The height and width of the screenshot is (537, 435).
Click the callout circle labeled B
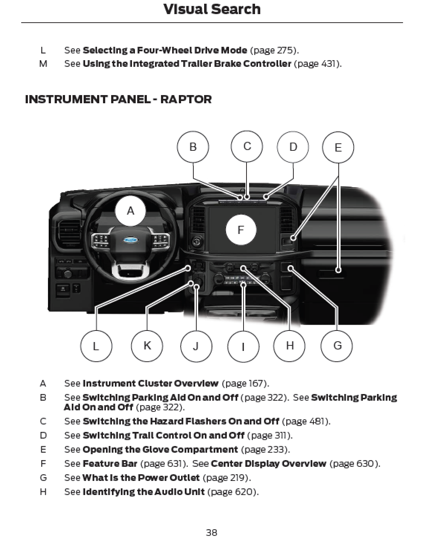pyautogui.click(x=193, y=147)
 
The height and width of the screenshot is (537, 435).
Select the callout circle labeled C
pyautogui.click(x=247, y=146)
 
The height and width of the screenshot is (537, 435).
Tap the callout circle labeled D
pyautogui.click(x=293, y=147)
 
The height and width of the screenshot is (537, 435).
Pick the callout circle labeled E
pyautogui.click(x=338, y=147)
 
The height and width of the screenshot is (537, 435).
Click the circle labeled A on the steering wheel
pyautogui.click(x=130, y=211)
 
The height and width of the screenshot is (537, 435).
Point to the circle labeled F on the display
pyautogui.click(x=241, y=230)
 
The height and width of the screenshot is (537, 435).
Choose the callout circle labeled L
pyautogui.click(x=96, y=346)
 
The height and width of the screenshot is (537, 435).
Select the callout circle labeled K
pyautogui.click(x=147, y=346)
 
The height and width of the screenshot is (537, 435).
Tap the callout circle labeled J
pyautogui.click(x=196, y=346)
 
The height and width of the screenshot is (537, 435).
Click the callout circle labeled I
pyautogui.click(x=243, y=346)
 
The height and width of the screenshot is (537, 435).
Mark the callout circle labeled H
pyautogui.click(x=290, y=346)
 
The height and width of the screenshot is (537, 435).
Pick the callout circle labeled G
pyautogui.click(x=337, y=346)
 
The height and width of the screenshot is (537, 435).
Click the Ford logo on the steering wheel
pyautogui.click(x=130, y=240)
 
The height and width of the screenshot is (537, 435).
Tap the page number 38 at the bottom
pyautogui.click(x=212, y=533)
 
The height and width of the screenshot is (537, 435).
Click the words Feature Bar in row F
pyautogui.click(x=110, y=463)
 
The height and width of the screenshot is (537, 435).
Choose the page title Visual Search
pyautogui.click(x=212, y=9)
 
